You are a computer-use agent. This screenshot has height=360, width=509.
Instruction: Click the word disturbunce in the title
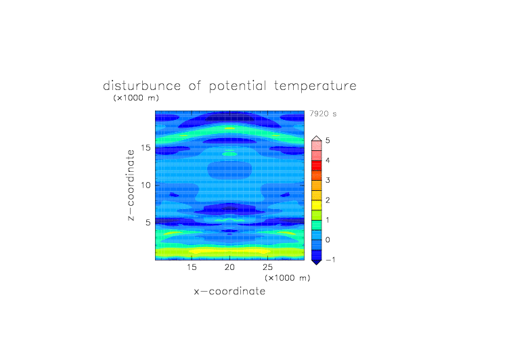coord(142,86)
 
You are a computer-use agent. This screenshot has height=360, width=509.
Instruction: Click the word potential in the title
coord(238,87)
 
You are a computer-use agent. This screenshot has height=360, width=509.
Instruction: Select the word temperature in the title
coord(315,87)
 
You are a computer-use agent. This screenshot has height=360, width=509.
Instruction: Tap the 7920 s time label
coord(323,114)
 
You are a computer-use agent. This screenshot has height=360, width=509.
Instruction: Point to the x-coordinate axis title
coord(229,291)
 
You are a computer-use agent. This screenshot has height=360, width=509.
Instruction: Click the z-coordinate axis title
coord(131,185)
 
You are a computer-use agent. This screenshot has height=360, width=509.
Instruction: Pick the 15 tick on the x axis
coord(192,267)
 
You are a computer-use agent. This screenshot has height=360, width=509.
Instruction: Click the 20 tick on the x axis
coord(229,267)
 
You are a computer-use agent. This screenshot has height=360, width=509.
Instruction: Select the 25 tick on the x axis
coord(267,267)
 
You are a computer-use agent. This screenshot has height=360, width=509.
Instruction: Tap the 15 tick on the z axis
coord(146,148)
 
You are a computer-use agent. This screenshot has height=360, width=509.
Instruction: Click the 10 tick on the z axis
coord(146,185)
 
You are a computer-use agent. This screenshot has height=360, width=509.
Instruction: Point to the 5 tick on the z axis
coord(148,223)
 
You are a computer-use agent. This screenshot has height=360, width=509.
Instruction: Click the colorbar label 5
coord(328,140)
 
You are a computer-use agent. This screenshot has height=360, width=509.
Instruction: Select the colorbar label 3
coord(328,180)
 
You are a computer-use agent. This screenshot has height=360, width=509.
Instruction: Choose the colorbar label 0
coord(328,240)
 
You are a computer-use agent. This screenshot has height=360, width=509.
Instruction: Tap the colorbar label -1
coord(330,260)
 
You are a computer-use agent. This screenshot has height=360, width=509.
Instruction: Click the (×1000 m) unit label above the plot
coord(136,97)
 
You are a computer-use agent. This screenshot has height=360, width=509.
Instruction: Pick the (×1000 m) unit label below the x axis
coord(288,278)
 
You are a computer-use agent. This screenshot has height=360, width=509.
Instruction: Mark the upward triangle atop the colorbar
coord(317,139)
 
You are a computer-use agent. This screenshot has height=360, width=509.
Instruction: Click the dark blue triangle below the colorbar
coord(317,262)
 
